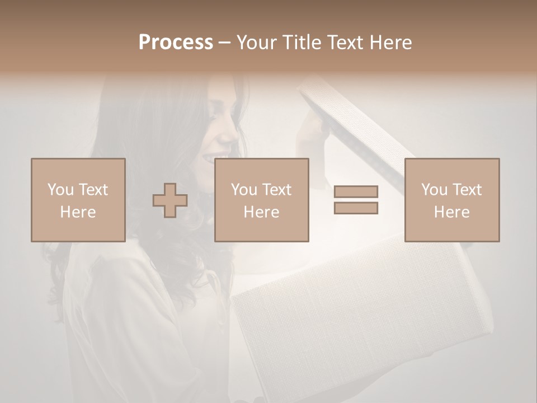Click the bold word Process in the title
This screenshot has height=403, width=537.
tap(176, 43)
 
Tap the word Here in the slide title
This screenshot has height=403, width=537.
tap(389, 43)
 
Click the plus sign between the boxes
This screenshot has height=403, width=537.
tap(170, 200)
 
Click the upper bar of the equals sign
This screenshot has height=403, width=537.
tap(356, 191)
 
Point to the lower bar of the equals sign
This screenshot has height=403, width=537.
tap(356, 208)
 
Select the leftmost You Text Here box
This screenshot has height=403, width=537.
tap(78, 200)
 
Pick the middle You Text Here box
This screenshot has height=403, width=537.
tap(261, 200)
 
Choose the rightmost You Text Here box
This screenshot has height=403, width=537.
tap(451, 200)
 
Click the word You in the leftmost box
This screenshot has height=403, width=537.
tap(60, 190)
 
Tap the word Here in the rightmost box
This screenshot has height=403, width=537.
tap(451, 212)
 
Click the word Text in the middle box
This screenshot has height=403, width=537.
tap(277, 190)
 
